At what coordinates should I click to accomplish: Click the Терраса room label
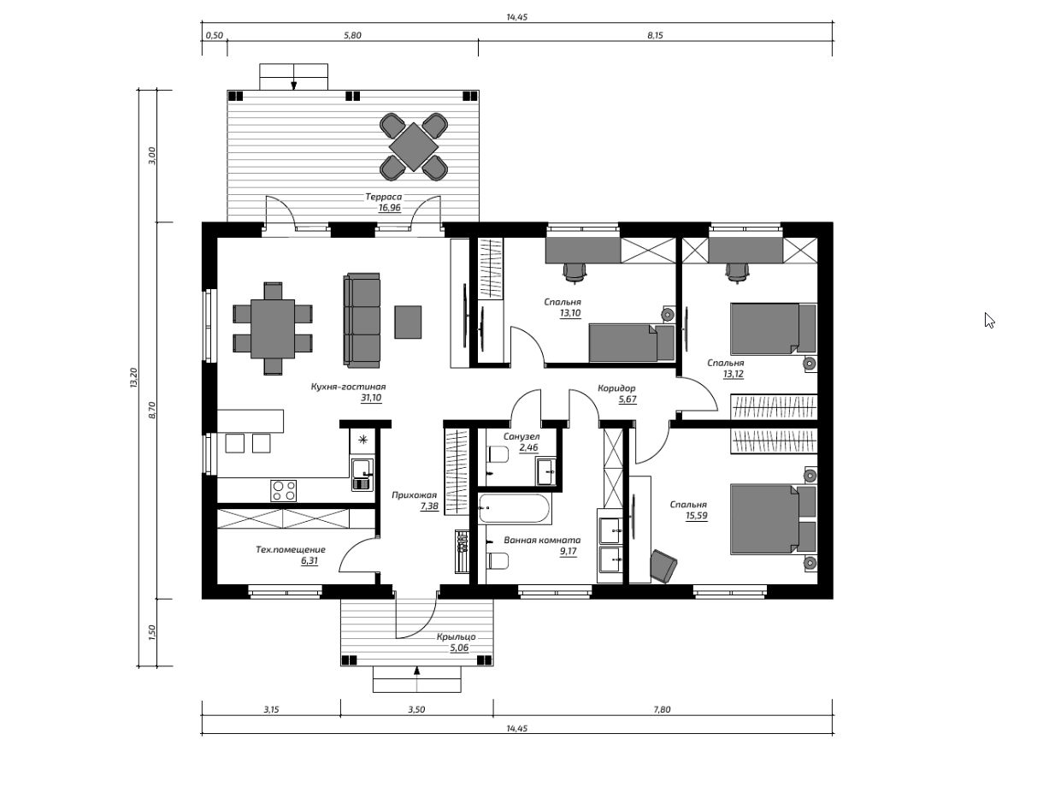[383, 197]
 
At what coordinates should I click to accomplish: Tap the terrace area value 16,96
[389, 208]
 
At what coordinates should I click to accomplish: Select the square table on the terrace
[414, 147]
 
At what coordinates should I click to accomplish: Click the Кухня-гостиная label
[348, 387]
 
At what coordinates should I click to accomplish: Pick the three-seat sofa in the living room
[362, 320]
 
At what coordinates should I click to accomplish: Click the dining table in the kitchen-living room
[273, 328]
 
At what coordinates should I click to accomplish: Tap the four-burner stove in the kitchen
[283, 491]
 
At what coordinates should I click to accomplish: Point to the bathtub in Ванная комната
[514, 509]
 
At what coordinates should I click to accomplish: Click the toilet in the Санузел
[498, 454]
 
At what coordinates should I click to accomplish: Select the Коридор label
[616, 388]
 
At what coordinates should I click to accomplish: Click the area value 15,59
[696, 515]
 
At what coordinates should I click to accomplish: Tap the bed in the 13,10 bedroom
[631, 343]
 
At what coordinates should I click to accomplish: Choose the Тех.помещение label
[291, 549]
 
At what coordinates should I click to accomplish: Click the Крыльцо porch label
[457, 636]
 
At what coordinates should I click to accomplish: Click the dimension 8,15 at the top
[655, 35]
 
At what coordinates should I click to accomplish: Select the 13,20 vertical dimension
[133, 378]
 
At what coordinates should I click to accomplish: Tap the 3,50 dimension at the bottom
[416, 709]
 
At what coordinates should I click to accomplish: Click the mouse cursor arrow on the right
[989, 321]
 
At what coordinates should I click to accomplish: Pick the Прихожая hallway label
[414, 495]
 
